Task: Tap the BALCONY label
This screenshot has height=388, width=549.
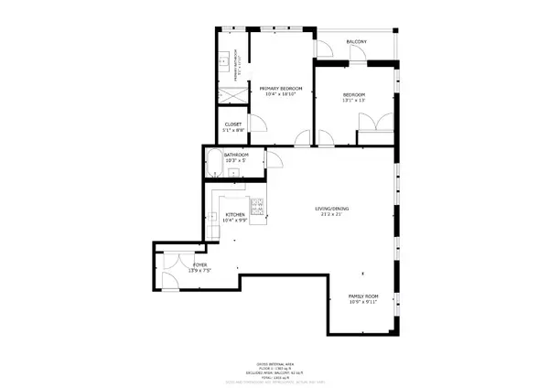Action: click(356, 43)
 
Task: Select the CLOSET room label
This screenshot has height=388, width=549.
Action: click(233, 124)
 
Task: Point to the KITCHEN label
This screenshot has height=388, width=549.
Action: click(235, 215)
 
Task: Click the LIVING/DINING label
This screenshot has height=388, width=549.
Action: click(332, 209)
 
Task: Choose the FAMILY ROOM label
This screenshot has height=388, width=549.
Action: click(363, 296)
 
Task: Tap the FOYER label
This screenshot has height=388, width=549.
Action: click(174, 265)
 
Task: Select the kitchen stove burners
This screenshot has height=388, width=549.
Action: click(258, 208)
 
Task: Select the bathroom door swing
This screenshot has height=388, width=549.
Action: click(272, 162)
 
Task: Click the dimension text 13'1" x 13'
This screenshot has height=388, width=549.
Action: click(354, 101)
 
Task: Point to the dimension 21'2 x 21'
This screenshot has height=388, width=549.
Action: click(332, 215)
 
